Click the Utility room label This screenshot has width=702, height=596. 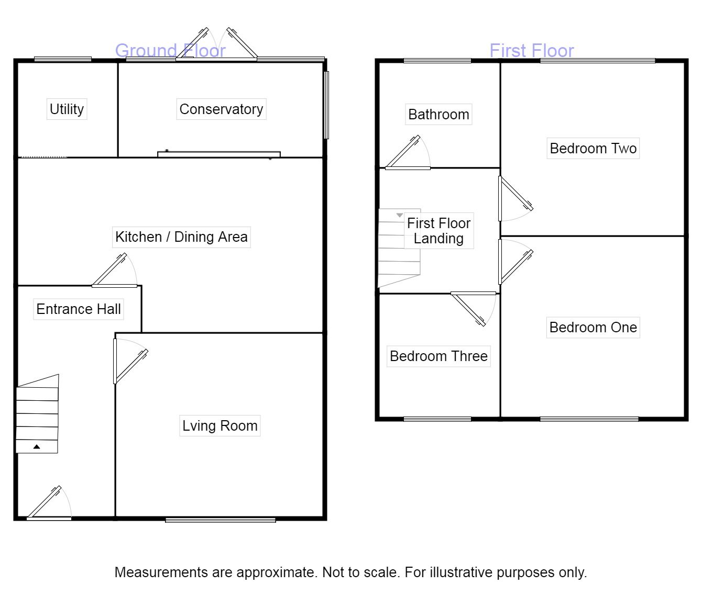pyautogui.click(x=67, y=109)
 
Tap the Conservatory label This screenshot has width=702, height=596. pyautogui.click(x=221, y=109)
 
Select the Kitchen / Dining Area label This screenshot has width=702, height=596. pyautogui.click(x=181, y=237)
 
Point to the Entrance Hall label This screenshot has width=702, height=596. pyautogui.click(x=79, y=309)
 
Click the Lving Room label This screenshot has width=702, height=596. pyautogui.click(x=220, y=426)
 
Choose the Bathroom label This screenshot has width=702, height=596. pyautogui.click(x=438, y=114)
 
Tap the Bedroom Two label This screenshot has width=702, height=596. pyautogui.click(x=593, y=148)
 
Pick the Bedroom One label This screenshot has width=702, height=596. pyautogui.click(x=593, y=328)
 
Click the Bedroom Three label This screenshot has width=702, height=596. pyautogui.click(x=438, y=356)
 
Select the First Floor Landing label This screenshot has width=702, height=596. pyautogui.click(x=439, y=231)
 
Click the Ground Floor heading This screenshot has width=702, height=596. pyautogui.click(x=170, y=51)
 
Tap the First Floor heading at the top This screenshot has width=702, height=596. pyautogui.click(x=532, y=51)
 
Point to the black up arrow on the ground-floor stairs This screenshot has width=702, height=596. pyautogui.click(x=37, y=447)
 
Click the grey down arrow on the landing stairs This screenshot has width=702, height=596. pyautogui.click(x=399, y=215)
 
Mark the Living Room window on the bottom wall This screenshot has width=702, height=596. pyautogui.click(x=221, y=520)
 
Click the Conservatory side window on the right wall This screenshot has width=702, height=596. pyautogui.click(x=326, y=105)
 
